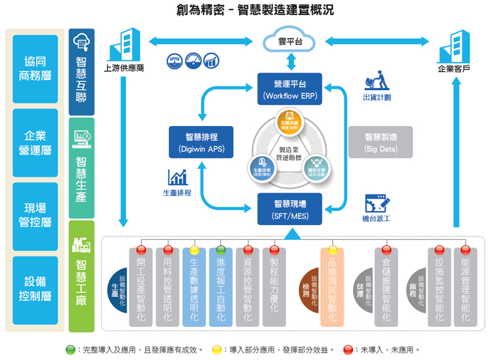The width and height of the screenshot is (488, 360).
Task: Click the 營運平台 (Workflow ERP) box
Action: [x=290, y=89]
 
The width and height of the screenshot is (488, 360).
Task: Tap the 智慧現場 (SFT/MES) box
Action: [x=290, y=208]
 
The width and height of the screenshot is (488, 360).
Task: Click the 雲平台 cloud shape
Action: [x=290, y=41]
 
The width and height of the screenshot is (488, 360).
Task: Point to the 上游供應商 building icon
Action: [x=124, y=43]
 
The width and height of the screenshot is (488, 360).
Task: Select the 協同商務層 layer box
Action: [x=35, y=68]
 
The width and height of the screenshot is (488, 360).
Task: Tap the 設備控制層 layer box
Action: [x=35, y=287]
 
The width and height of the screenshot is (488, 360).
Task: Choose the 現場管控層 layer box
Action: [x=35, y=215]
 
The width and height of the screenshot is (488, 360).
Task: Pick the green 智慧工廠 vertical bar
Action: [x=82, y=275]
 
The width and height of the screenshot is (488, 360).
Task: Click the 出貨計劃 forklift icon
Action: [x=376, y=79]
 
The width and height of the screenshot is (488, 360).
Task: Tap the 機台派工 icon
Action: [x=376, y=203]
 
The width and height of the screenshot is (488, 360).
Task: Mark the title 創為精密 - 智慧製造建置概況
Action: [x=245, y=11]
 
